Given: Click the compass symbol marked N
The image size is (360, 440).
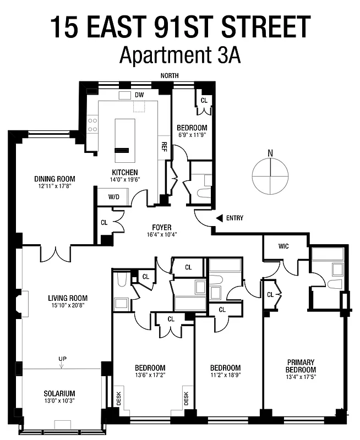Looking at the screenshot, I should (270, 176).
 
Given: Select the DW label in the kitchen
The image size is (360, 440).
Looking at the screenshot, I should (139, 95).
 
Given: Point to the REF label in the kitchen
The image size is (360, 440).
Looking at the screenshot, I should (164, 146).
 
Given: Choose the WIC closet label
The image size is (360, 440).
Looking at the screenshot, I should (283, 245).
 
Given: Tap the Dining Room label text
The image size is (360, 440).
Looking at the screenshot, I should (54, 179).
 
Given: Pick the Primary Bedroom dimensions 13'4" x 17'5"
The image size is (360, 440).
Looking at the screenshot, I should (301, 377).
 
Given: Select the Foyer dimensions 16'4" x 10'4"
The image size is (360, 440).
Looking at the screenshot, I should (161, 234).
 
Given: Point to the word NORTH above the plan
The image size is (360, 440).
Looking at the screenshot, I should (170, 76).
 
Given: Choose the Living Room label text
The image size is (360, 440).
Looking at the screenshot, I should (67, 299).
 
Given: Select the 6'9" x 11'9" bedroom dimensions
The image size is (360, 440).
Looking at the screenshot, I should (191, 134).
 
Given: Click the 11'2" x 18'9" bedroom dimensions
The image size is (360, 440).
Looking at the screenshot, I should (225, 376).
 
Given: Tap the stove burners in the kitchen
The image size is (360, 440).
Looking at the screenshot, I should (92, 124).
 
